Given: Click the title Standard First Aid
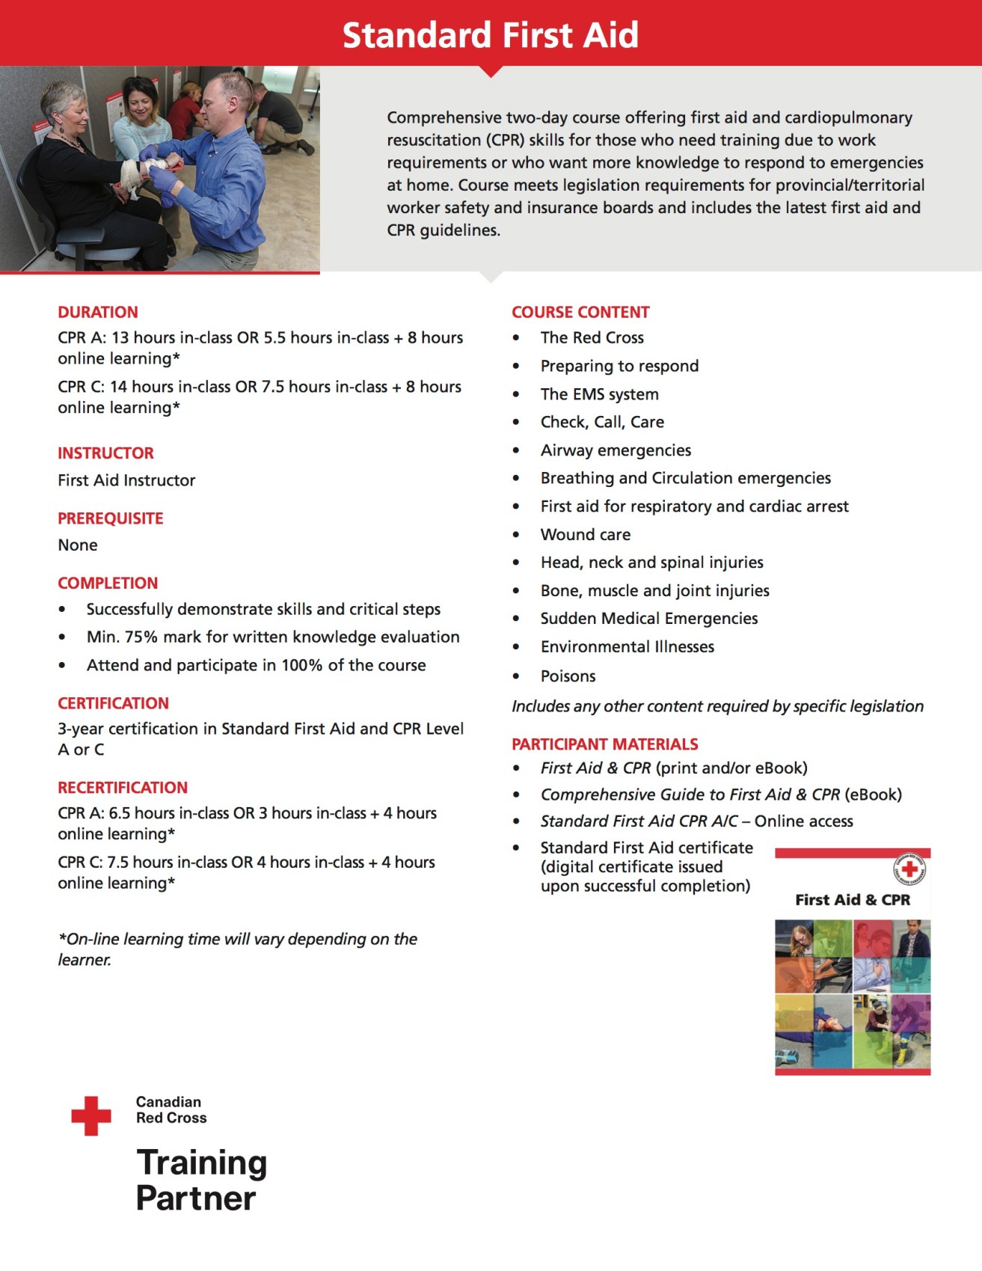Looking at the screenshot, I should tap(491, 35).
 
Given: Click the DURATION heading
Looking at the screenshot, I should tap(98, 312).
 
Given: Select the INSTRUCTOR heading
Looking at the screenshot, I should tap(105, 453).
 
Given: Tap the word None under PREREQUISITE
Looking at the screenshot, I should tap(78, 545).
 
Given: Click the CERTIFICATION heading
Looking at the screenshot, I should tap(113, 703).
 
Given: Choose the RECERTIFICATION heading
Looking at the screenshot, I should tap(123, 787).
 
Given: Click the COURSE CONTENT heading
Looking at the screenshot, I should tap(580, 312).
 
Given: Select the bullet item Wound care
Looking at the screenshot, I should tap(585, 534).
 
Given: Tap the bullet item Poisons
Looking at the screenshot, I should tap(568, 676).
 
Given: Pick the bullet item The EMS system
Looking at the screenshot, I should tap(599, 394).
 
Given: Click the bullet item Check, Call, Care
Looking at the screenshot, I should tap(602, 422).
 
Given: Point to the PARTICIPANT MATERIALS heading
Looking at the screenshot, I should tap(604, 744).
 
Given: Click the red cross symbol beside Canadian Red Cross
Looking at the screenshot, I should tap(91, 1115).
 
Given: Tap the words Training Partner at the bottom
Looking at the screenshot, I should tap(200, 1180).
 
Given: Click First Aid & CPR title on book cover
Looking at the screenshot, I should tap(853, 900).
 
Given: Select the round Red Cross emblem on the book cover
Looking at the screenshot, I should tap(909, 869).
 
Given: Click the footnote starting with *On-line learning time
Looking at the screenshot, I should tap(237, 949).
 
